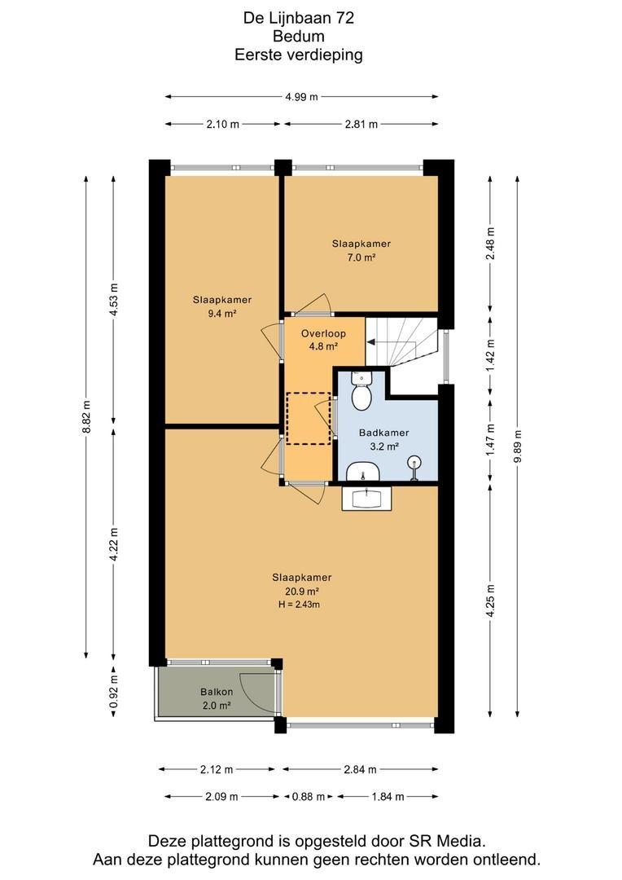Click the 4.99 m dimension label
(x=301, y=96)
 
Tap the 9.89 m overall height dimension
(x=517, y=447)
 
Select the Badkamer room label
(x=384, y=433)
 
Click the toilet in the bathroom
(x=361, y=392)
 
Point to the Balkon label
(x=217, y=692)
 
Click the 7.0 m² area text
(x=361, y=257)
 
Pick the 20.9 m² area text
(x=302, y=591)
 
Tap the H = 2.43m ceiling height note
(x=299, y=605)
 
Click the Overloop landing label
(x=324, y=333)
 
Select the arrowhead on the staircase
(x=370, y=341)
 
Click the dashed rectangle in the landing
(x=309, y=419)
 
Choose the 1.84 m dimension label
(x=388, y=796)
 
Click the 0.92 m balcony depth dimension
(x=113, y=692)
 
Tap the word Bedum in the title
(x=298, y=37)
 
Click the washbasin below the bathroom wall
(x=367, y=498)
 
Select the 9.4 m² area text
(x=222, y=314)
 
